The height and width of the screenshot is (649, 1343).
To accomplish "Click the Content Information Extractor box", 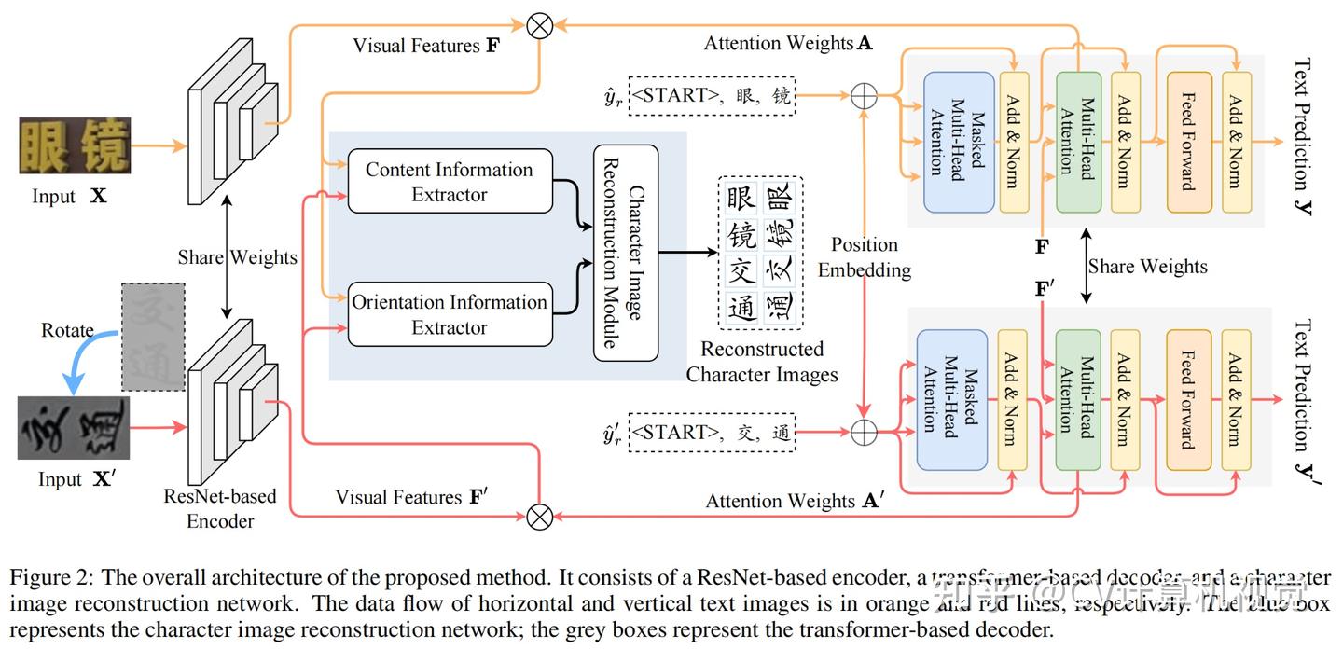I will (449, 182).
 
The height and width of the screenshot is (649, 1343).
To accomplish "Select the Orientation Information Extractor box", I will (449, 314).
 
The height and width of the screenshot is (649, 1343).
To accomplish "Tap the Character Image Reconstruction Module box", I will (626, 253).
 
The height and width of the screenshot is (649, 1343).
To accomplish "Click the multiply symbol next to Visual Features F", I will (539, 26).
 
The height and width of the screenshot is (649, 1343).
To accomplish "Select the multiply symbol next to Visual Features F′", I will (539, 515).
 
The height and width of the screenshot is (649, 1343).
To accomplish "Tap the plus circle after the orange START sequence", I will (865, 95).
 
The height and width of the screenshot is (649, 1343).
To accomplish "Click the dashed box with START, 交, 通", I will (713, 433).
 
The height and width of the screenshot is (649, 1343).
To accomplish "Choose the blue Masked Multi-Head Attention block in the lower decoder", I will (951, 399).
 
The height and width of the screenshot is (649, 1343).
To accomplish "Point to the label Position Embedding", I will (865, 257).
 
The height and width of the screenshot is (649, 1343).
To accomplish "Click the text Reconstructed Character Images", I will (762, 362).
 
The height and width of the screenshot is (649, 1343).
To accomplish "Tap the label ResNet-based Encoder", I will (220, 508).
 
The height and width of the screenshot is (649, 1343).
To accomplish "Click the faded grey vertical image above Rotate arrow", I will (153, 336).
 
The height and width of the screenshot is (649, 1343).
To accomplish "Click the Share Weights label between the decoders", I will (1147, 267).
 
